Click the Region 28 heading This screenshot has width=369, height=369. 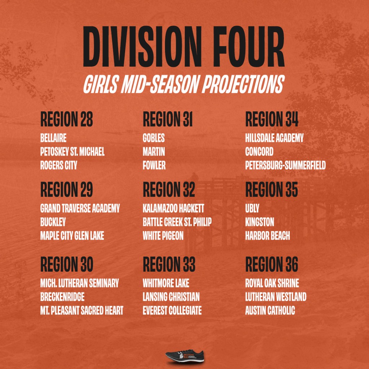(x=67, y=119)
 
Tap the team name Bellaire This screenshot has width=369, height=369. (x=53, y=138)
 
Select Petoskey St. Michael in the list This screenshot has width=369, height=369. (x=72, y=152)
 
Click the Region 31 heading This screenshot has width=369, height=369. (x=168, y=119)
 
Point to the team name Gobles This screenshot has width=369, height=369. (x=154, y=138)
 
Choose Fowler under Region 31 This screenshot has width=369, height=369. (x=154, y=165)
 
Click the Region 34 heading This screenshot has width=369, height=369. (x=272, y=119)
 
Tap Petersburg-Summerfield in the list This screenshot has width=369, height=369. (x=285, y=165)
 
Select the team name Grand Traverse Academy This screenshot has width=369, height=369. (x=80, y=208)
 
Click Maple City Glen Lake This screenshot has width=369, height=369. (x=72, y=236)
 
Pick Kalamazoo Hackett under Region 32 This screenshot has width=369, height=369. (x=173, y=208)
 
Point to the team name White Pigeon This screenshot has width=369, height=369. (x=163, y=236)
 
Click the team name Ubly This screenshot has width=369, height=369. (x=252, y=208)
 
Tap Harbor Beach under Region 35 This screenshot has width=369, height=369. (x=268, y=236)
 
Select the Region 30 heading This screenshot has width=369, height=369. (x=67, y=264)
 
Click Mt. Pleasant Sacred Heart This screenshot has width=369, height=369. (x=82, y=310)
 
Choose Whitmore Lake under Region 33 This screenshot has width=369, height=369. (x=166, y=283)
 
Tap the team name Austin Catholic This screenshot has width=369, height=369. (x=270, y=310)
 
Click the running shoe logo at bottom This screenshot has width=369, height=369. (x=184, y=356)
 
